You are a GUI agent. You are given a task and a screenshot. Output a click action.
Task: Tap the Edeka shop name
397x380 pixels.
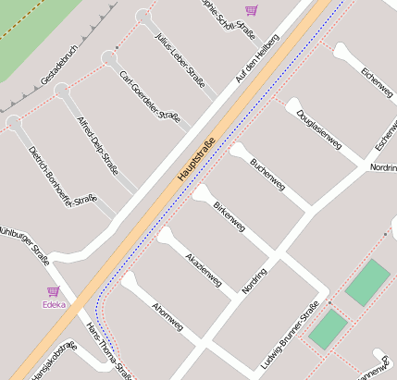[x=54, y=304]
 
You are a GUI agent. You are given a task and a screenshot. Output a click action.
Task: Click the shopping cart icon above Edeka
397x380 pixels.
[x=53, y=291]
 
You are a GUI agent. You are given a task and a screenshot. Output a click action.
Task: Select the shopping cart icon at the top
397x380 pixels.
[x=251, y=10]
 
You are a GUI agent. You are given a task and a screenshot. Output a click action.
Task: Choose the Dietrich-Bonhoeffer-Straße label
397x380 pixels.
[x=63, y=175]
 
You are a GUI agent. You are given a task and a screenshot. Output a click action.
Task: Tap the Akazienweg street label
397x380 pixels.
[x=203, y=267]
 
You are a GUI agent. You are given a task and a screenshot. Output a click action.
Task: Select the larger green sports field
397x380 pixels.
[x=367, y=283]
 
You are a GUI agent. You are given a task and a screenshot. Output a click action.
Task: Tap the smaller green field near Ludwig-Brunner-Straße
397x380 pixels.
[x=328, y=329]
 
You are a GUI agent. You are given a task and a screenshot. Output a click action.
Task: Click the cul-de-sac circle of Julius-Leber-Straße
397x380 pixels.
[x=143, y=17]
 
